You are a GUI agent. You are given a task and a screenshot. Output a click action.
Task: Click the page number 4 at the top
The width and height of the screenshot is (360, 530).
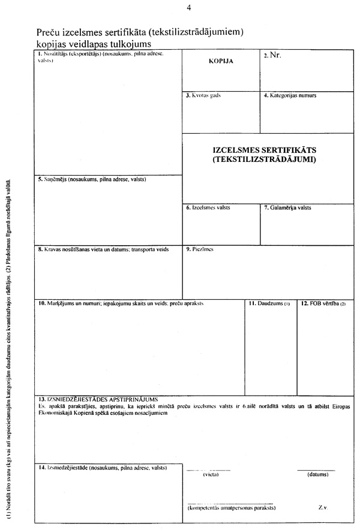pyautogui.click(x=189, y=8)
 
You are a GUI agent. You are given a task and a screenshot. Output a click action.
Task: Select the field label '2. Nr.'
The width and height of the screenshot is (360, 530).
pyautogui.click(x=272, y=55)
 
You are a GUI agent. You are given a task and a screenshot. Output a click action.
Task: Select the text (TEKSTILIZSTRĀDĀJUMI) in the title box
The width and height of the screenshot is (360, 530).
pyautogui.click(x=264, y=160)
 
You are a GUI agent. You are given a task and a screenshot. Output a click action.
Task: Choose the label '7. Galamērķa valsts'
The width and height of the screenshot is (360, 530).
pyautogui.click(x=287, y=208)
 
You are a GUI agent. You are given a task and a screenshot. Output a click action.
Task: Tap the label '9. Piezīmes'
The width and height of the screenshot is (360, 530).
pyautogui.click(x=200, y=249)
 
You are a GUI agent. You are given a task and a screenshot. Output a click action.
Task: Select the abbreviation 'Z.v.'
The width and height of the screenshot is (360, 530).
pyautogui.click(x=323, y=507)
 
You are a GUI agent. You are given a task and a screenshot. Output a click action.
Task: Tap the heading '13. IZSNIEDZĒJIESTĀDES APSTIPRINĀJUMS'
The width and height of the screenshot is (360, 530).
pyautogui.click(x=97, y=399)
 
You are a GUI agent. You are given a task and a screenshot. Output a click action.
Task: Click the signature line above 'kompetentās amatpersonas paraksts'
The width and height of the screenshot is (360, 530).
pyautogui.click(x=230, y=502)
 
